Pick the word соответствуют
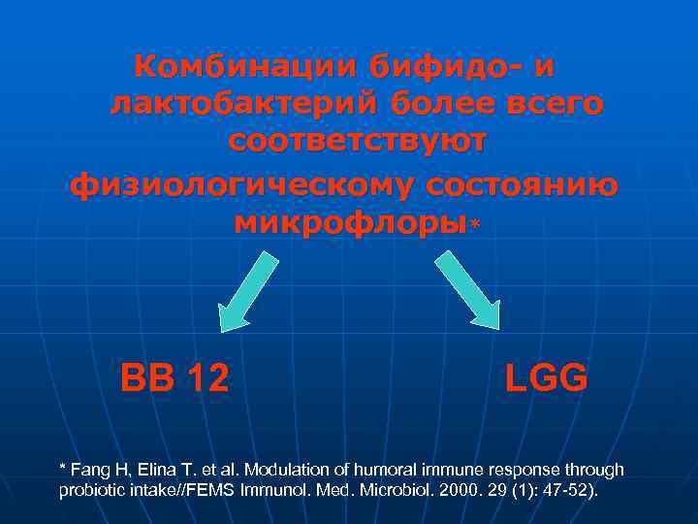tap(358, 142)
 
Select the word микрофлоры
tap(350, 222)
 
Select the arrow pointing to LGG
tap(467, 288)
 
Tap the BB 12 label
tap(174, 377)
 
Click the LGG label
tap(546, 377)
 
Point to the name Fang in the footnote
tap(92, 470)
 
